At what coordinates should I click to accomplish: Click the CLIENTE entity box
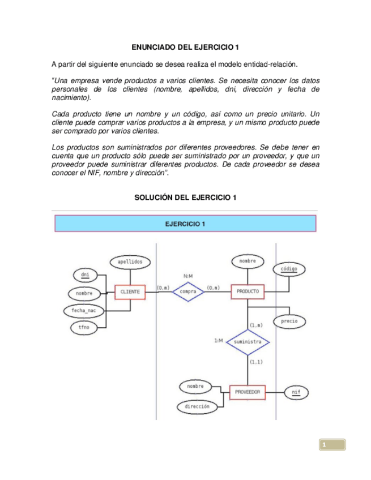(x=130, y=292)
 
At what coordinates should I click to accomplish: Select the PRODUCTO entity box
(x=247, y=292)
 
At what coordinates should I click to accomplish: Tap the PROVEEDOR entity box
(x=247, y=392)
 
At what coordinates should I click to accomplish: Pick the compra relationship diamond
(x=187, y=292)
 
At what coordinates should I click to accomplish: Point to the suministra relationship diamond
(x=247, y=342)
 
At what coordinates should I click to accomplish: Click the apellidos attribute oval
(x=130, y=262)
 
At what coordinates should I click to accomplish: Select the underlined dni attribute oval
(x=86, y=276)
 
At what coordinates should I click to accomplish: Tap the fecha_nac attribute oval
(x=82, y=311)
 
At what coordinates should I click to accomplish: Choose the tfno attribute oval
(x=83, y=328)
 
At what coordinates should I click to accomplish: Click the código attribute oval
(x=289, y=269)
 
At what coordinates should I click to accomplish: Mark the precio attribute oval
(x=289, y=322)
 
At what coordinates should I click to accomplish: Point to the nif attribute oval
(x=296, y=392)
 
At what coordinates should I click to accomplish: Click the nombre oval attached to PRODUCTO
(x=247, y=262)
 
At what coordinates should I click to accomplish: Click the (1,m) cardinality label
(x=256, y=325)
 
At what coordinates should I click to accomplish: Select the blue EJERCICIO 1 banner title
(x=185, y=224)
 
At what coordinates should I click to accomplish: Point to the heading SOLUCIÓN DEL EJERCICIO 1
(x=185, y=198)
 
